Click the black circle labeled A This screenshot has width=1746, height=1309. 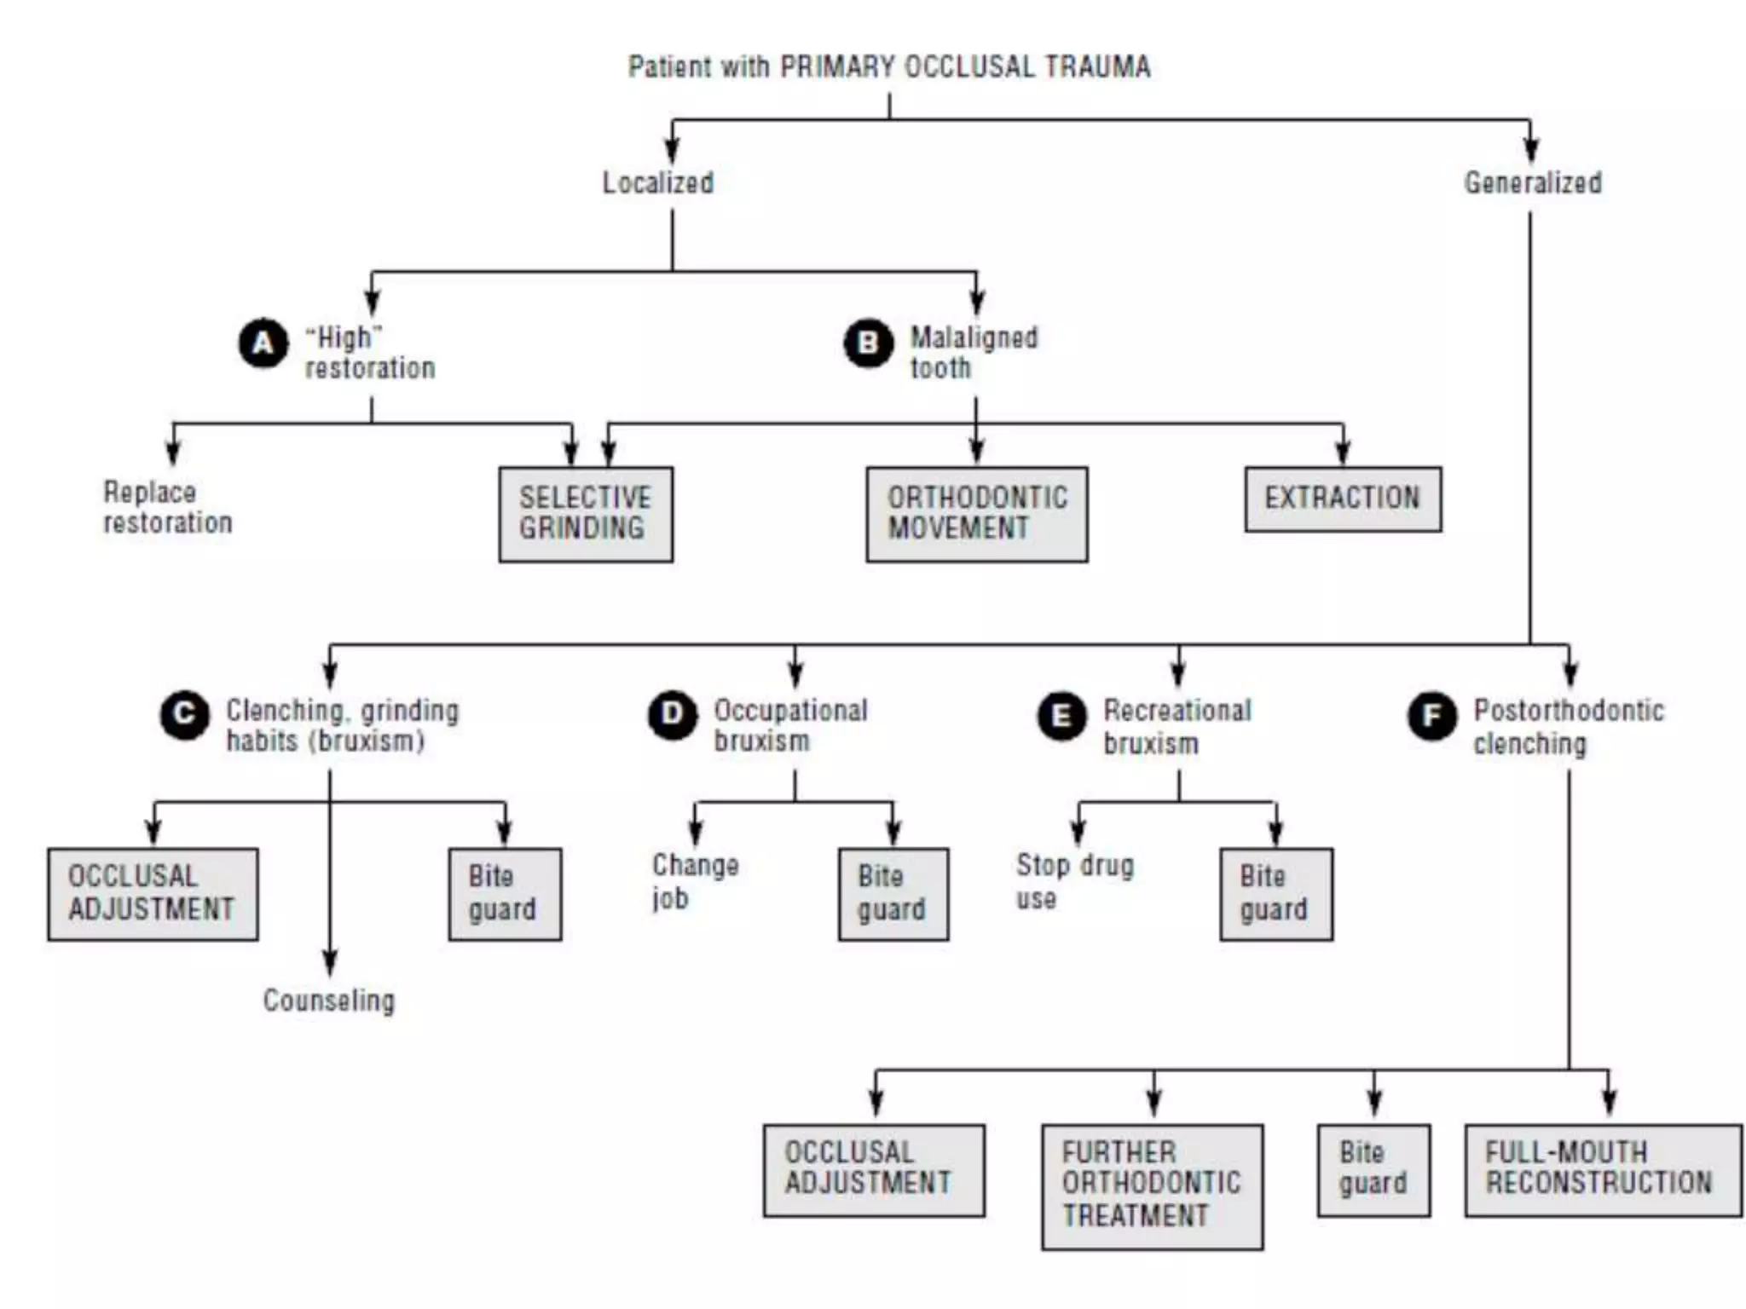263,343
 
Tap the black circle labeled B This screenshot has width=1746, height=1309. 868,343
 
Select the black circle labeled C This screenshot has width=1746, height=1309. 184,714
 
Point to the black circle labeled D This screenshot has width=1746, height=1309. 673,714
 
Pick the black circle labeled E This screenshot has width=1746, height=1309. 1061,716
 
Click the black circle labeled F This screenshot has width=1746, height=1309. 1432,716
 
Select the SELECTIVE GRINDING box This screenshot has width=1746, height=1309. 586,514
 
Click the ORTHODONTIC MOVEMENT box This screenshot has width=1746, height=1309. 977,514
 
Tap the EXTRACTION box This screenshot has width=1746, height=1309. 1343,499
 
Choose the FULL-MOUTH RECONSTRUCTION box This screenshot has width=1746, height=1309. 1603,1169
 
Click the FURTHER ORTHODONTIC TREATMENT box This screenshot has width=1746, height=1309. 1152,1186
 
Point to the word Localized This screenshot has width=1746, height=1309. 658,183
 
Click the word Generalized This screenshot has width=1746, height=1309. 1533,183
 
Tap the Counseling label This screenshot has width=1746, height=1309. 329,1000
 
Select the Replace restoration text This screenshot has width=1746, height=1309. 167,508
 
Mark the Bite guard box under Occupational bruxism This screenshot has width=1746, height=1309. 893,894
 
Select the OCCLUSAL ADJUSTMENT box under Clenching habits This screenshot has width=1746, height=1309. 153,894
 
